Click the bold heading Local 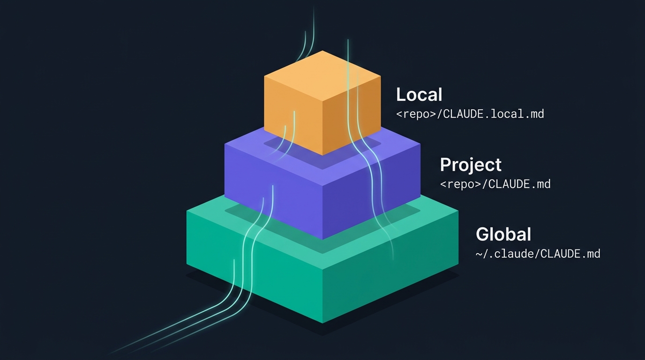419,95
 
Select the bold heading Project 471,165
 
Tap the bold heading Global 503,234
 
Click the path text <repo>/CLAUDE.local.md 470,114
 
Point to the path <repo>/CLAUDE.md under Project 495,184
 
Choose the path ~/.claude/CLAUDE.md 538,254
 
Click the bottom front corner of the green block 322,323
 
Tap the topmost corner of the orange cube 322,51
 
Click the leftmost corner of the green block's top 187,210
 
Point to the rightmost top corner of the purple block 420,144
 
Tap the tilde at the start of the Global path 479,254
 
